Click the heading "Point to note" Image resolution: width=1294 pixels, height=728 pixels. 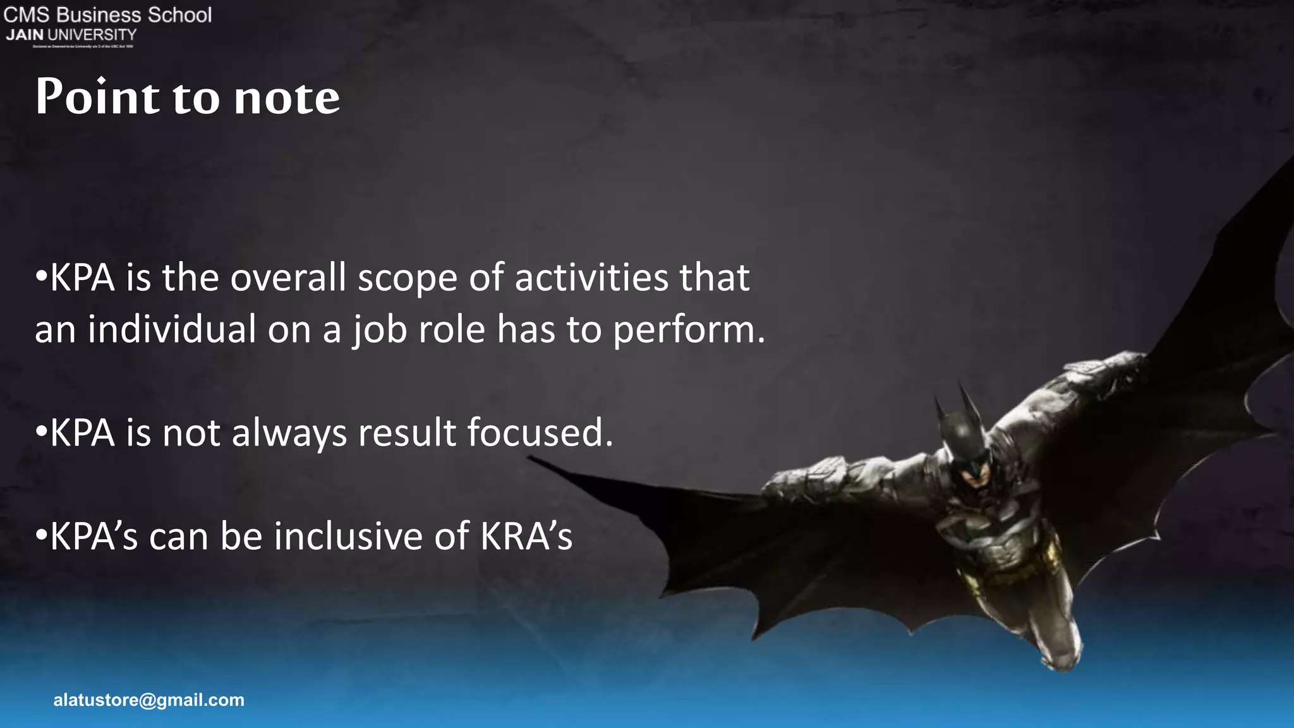[x=188, y=97]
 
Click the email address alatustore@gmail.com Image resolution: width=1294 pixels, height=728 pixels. [x=148, y=700]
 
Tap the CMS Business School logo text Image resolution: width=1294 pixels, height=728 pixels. [x=107, y=15]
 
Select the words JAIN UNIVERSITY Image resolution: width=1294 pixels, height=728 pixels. [x=71, y=35]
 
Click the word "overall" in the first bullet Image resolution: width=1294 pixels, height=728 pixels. [x=288, y=278]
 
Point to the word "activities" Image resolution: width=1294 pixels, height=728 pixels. [x=591, y=278]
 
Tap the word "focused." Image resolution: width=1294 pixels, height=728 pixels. [x=540, y=434]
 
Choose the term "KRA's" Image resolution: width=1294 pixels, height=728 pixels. [x=526, y=537]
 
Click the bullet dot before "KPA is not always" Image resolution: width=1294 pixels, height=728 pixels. [x=41, y=432]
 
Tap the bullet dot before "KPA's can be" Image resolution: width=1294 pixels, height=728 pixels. [x=41, y=535]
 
